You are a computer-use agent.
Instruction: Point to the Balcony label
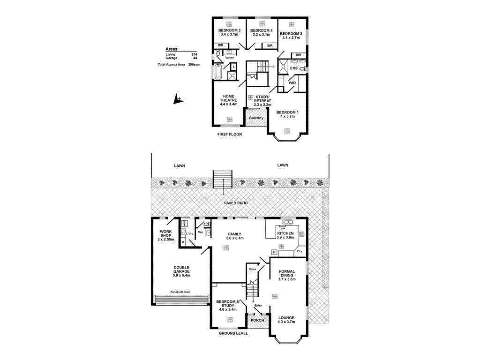point(256,118)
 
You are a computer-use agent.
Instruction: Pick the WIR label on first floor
point(292,83)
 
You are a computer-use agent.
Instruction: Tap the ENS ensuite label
point(294,68)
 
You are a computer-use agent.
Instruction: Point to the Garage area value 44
point(195,58)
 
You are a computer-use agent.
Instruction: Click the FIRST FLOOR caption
point(229,135)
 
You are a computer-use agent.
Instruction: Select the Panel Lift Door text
point(180,292)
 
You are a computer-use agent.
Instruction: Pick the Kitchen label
point(285,233)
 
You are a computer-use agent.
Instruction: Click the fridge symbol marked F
point(274,253)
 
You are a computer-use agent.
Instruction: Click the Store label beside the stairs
point(252,270)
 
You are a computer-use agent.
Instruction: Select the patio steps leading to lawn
point(223,179)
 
